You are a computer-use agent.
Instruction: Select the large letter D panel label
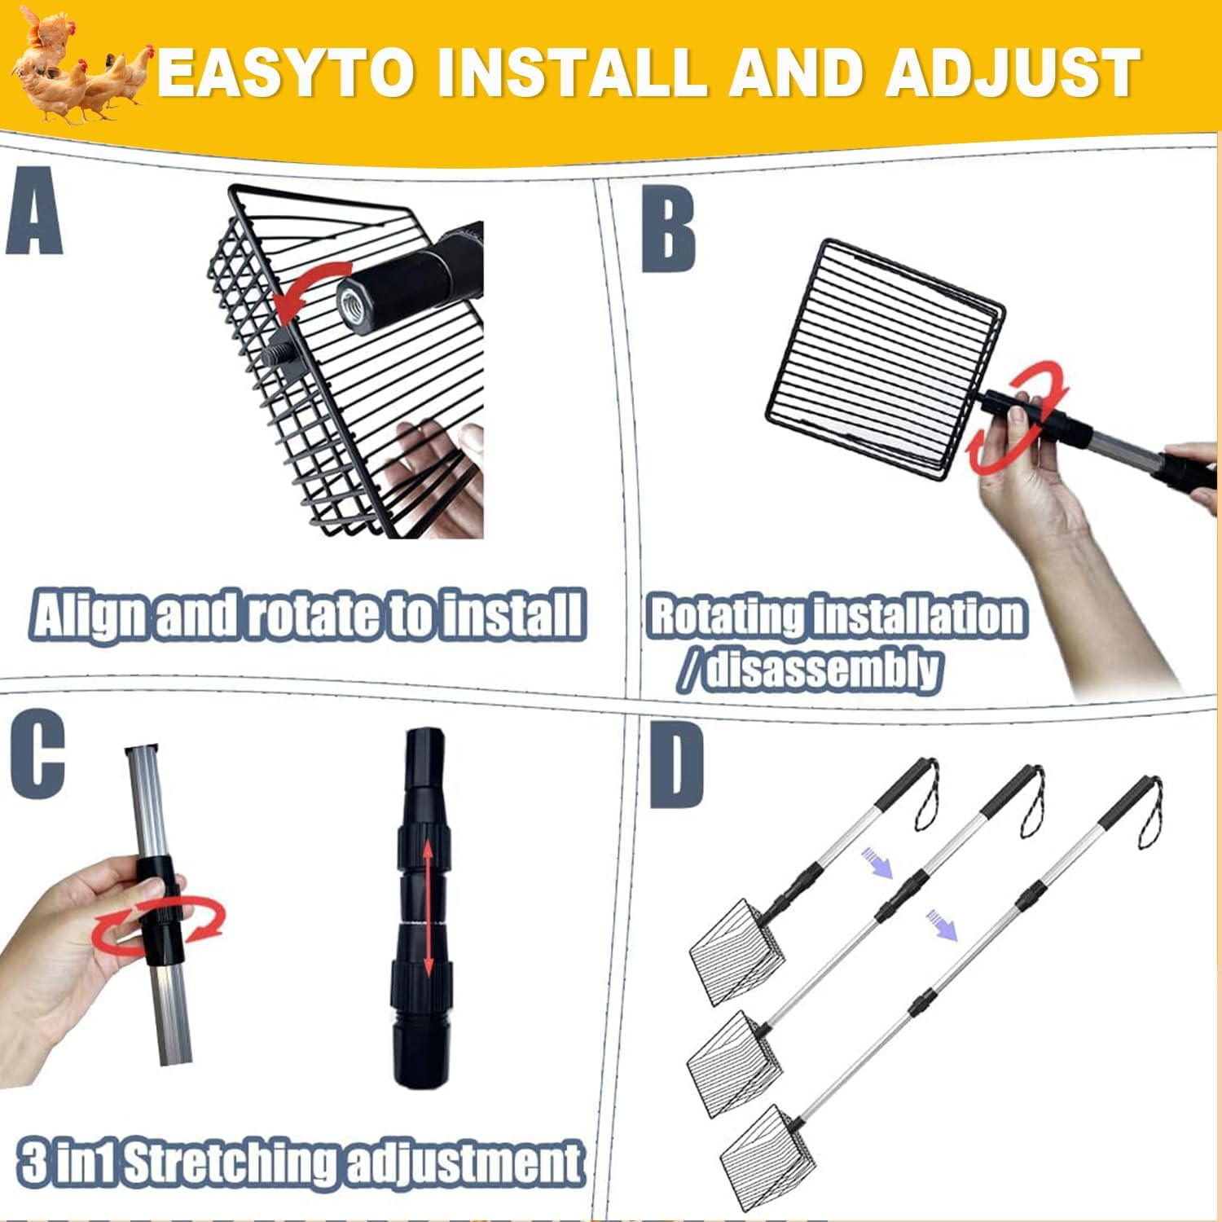(677, 766)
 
